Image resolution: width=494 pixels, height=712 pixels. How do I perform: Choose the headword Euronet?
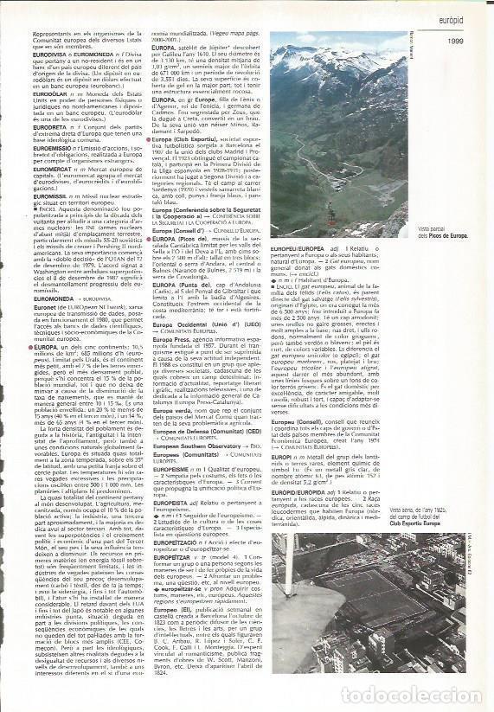click(70, 306)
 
